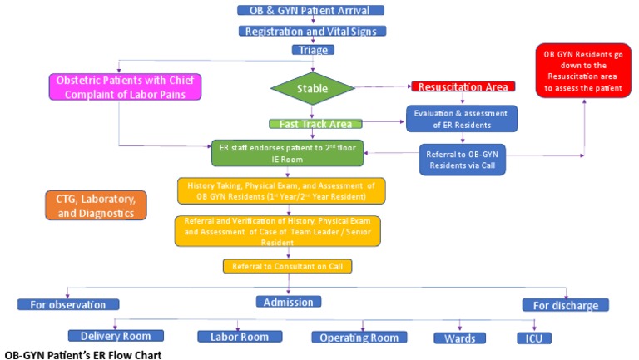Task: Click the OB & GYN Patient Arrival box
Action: (x=310, y=10)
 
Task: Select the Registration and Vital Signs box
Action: (x=310, y=31)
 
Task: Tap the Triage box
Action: (x=310, y=50)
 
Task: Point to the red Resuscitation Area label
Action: (x=463, y=86)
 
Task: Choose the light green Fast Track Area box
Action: (x=315, y=124)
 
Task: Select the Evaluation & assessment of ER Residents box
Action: (x=462, y=117)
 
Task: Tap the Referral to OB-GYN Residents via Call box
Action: (x=462, y=158)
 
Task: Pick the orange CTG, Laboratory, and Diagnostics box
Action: (x=96, y=205)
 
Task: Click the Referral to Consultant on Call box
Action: (x=287, y=266)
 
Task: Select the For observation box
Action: (x=68, y=304)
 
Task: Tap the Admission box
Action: (x=288, y=303)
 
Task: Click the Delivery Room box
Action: (x=116, y=336)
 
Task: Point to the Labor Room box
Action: (x=237, y=337)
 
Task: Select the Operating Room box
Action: (x=359, y=337)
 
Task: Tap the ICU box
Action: (x=532, y=338)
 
